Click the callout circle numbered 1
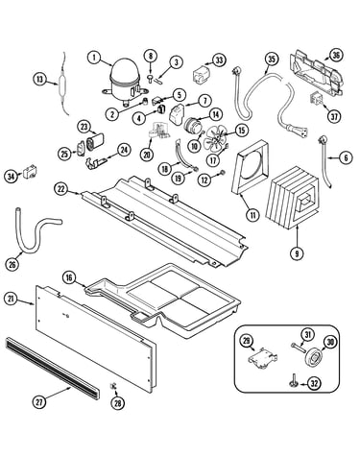coord(94,58)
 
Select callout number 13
coord(39,79)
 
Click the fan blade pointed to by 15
coord(215,138)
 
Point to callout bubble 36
coord(336,56)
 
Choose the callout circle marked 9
coord(297,253)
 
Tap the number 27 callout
coord(39,402)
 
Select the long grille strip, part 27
coord(53,368)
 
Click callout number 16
coord(69,277)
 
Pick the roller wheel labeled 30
coord(313,357)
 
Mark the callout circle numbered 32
coord(314,383)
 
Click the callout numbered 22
coord(61,189)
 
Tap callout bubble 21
coord(11,300)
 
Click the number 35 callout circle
coord(272,59)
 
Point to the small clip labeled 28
coord(113,386)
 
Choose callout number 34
coord(11,177)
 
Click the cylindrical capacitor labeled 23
coord(95,141)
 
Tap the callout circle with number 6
coord(346,157)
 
